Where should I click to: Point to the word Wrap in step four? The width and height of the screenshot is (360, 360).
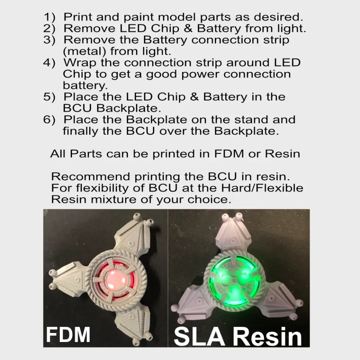coord(80,62)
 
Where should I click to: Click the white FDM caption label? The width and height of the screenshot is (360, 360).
coord(68,335)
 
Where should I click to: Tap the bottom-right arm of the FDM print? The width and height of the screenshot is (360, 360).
coord(131,319)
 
